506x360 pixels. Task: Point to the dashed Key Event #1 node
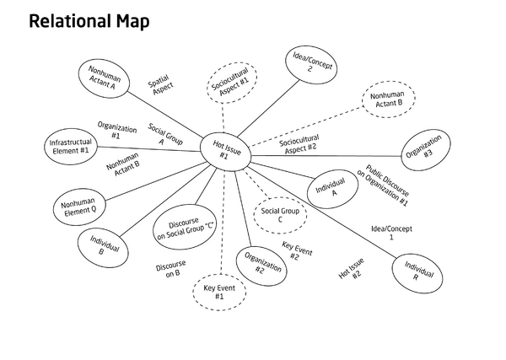[219, 293]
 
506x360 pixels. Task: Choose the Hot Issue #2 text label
[350, 270]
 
